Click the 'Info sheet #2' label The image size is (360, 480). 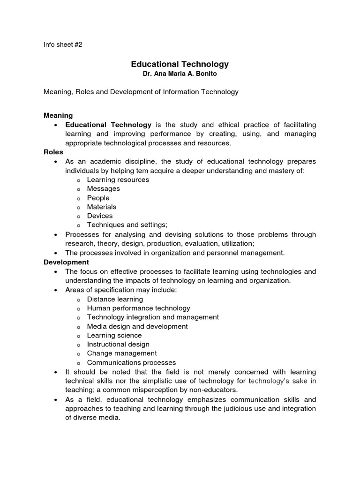[x=63, y=45]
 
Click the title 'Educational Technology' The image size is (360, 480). [x=180, y=64]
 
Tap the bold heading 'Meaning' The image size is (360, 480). [x=58, y=115]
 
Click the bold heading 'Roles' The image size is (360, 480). [x=53, y=152]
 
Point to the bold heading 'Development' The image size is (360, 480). [x=66, y=262]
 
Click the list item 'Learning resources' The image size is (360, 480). [x=118, y=180]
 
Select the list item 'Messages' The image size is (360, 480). [x=104, y=188]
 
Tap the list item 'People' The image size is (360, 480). [x=98, y=198]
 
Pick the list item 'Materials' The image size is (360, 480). [x=102, y=207]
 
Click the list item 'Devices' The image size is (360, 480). [x=100, y=216]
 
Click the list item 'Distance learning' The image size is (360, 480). [x=115, y=299]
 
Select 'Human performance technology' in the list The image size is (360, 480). [x=139, y=308]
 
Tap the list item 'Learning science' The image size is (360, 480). [x=114, y=335]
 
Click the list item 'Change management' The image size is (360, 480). [x=122, y=353]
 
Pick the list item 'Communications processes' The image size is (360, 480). [x=132, y=362]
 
